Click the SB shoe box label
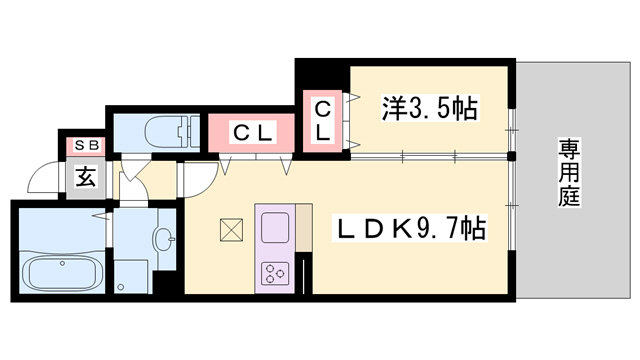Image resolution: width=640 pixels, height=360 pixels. (79, 145)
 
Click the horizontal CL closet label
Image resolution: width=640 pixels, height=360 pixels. (251, 130)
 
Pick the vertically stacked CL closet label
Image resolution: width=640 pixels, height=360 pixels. (324, 120)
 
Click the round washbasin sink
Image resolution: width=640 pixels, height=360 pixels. (163, 237)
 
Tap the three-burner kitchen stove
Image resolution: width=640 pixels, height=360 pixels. (274, 272)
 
